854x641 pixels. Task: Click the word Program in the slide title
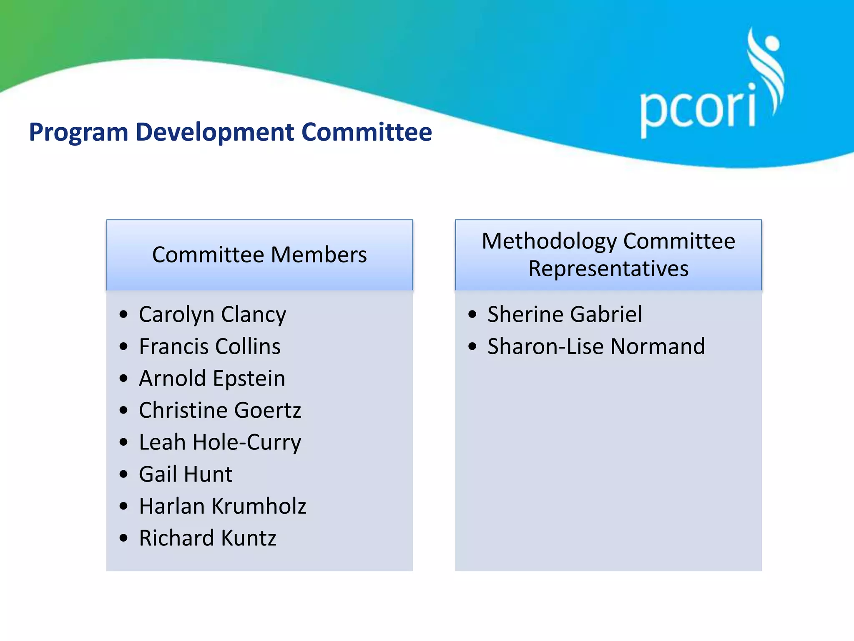pos(78,133)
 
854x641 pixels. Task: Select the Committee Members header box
pos(259,255)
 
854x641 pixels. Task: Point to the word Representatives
pos(608,268)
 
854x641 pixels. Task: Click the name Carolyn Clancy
pos(212,315)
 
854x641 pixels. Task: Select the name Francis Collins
pos(210,346)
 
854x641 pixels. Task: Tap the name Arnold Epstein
pos(212,379)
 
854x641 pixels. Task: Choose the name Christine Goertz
pos(220,410)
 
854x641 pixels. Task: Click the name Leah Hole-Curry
pos(220,442)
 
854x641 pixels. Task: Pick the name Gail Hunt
pos(186,474)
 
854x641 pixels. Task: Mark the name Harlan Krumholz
pos(222,506)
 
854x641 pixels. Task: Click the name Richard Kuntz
pos(207,538)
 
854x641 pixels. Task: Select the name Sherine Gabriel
pos(565,314)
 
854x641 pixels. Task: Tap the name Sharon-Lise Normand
pos(596,346)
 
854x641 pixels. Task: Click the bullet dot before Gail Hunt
pos(123,474)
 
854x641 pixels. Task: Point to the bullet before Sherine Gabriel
pos(472,314)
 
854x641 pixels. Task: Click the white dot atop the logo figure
pos(771,43)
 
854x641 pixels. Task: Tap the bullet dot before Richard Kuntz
pos(123,538)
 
